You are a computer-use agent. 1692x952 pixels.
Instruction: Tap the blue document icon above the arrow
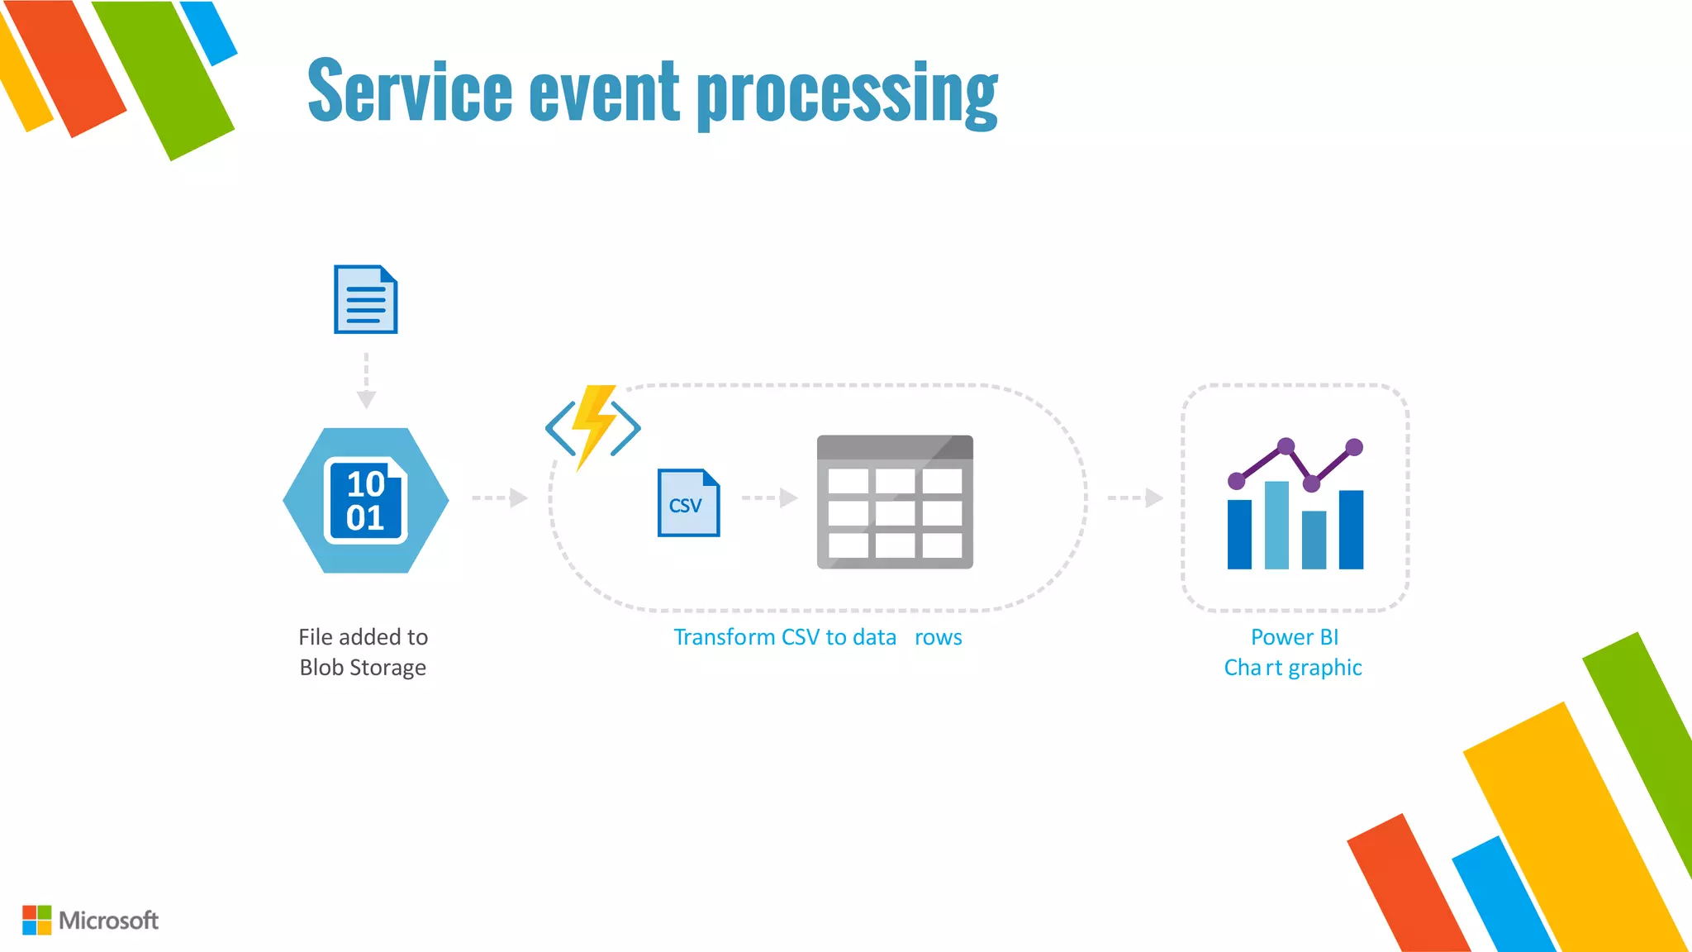pos(365,299)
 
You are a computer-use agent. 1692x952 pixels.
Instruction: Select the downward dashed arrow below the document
pos(366,380)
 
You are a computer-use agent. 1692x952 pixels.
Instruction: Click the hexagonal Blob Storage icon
pos(366,500)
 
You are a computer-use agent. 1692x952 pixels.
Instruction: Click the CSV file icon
pos(688,502)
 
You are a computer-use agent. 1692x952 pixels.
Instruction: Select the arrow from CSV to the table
pos(769,497)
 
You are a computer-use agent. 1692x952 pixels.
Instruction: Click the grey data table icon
pos(895,502)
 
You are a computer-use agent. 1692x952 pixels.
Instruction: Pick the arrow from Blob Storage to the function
pos(499,497)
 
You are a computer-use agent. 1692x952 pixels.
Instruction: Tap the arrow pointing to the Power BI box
pos(1135,497)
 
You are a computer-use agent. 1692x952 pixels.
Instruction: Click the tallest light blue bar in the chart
pos(1276,525)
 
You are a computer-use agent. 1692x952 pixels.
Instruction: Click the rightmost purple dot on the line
pos(1354,447)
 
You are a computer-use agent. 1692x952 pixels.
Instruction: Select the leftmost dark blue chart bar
pos(1239,535)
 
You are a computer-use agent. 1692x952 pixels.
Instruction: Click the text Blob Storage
pos(363,668)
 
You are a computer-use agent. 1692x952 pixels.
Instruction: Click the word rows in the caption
pos(938,637)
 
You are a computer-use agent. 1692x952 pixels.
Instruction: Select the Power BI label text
pos(1294,637)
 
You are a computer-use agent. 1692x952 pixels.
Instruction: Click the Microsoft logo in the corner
pos(91,920)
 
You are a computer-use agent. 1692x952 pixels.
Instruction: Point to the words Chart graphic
pos(1293,668)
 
